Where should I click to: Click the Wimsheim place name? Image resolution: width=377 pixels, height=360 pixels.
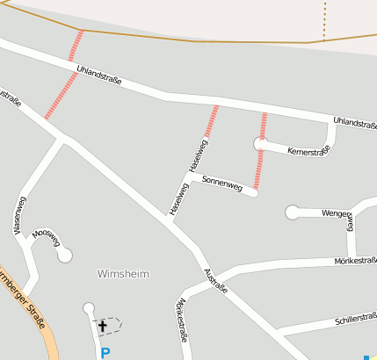click(x=123, y=274)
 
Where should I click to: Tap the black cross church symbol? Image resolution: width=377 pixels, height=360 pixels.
click(x=102, y=327)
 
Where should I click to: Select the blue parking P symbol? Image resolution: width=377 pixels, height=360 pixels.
click(x=105, y=353)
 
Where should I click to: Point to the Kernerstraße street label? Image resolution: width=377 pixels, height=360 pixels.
click(x=308, y=150)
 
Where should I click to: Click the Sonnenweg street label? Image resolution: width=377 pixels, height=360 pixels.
click(x=221, y=183)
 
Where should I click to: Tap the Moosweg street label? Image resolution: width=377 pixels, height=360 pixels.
click(x=47, y=234)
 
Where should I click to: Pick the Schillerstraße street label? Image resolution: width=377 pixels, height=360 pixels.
click(x=356, y=320)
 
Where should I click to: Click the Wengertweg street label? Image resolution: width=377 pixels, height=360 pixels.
click(x=338, y=212)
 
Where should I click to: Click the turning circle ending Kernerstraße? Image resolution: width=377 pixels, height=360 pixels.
click(x=259, y=143)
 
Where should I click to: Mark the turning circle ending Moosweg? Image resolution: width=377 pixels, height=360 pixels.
click(x=64, y=255)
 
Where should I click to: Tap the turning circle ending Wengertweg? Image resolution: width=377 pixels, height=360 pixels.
click(x=292, y=212)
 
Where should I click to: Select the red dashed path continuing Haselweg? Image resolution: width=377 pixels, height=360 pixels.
click(x=212, y=121)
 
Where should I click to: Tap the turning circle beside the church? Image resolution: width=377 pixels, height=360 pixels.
click(x=88, y=307)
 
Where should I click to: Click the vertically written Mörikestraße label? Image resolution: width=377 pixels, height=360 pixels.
click(x=183, y=320)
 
